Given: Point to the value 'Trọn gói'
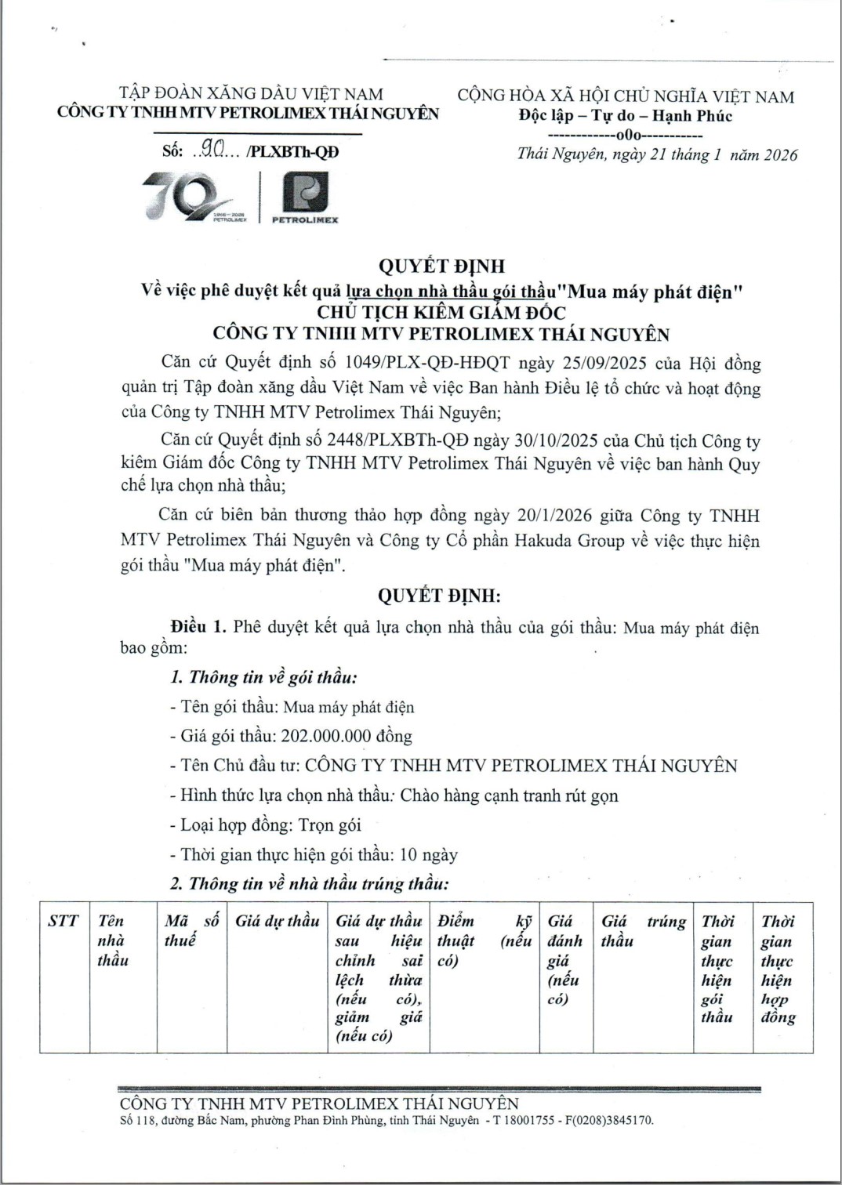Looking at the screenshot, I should click(x=329, y=824).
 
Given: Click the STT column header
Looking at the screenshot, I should click(x=63, y=921).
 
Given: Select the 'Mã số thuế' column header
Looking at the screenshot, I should click(x=191, y=930).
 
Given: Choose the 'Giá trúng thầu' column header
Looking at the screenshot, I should click(x=643, y=930).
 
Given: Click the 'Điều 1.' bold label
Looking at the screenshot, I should click(x=199, y=626).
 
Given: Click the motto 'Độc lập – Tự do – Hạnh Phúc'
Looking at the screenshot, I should click(x=625, y=116).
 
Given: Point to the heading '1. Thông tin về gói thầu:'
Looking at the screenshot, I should click(x=263, y=677).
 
